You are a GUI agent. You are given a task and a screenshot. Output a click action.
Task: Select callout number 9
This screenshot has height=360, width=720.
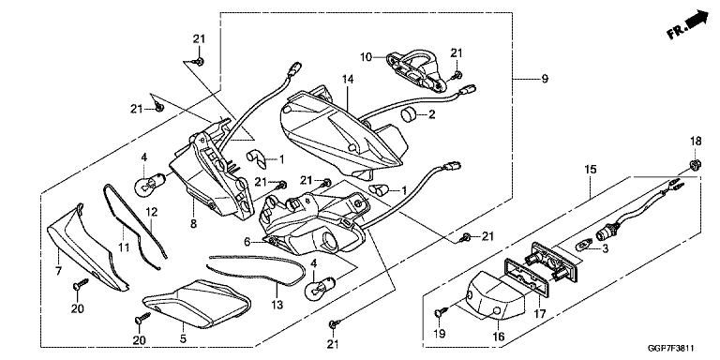(x=545, y=79)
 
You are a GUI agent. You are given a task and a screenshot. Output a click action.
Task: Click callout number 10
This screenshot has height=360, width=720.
(x=366, y=57)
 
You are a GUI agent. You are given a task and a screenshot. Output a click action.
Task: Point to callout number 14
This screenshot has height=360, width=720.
(x=348, y=80)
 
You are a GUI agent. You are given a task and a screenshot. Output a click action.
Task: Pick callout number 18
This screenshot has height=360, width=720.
(x=695, y=142)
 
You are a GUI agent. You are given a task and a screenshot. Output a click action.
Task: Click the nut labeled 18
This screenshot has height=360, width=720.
(x=695, y=164)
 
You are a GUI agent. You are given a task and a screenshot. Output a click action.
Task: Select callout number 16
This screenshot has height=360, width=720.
(x=498, y=337)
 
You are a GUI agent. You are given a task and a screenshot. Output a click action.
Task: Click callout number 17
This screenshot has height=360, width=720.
(x=540, y=315)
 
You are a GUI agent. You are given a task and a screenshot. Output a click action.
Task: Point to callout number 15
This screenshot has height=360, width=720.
(x=591, y=170)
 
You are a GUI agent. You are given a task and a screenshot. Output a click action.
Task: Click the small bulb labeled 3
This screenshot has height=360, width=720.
(x=584, y=246)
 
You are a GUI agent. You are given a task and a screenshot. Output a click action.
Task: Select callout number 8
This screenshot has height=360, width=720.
(x=193, y=224)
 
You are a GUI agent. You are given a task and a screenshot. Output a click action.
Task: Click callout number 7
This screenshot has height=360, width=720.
(x=58, y=271)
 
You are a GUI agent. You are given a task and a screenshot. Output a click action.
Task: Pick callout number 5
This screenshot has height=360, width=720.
(x=183, y=339)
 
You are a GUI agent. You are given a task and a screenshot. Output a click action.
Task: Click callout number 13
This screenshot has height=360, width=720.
(x=277, y=305)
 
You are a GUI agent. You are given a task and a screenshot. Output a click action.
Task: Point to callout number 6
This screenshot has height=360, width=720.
(x=247, y=242)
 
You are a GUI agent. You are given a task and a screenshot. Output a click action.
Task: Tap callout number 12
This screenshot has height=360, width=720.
(x=152, y=212)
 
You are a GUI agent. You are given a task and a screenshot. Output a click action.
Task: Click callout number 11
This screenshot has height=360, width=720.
(x=124, y=247)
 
